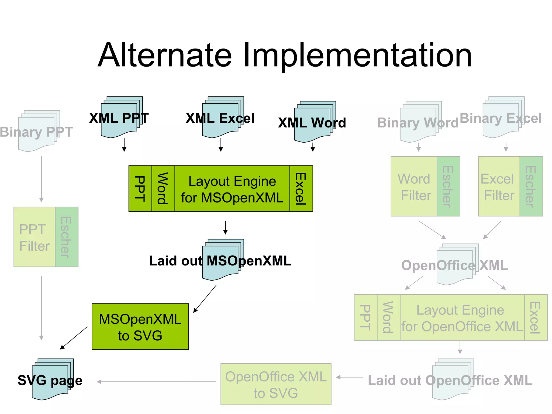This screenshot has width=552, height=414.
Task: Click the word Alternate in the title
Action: pyautogui.click(x=164, y=55)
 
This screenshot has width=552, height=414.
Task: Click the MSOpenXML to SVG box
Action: pyautogui.click(x=140, y=327)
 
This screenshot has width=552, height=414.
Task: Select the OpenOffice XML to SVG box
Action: pyautogui.click(x=276, y=384)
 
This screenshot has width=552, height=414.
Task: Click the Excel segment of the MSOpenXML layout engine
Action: pyautogui.click(x=301, y=189)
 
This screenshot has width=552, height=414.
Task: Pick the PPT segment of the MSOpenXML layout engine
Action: pyautogui.click(x=140, y=189)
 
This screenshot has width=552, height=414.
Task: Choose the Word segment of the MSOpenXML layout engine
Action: pyautogui.click(x=163, y=189)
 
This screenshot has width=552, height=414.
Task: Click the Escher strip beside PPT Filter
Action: pyautogui.click(x=67, y=237)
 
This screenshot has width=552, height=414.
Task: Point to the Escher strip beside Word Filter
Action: pyautogui.click(x=448, y=186)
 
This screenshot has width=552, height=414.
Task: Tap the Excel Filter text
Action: pyautogui.click(x=499, y=187)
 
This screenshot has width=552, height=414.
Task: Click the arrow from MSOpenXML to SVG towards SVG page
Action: pyautogui.click(x=74, y=338)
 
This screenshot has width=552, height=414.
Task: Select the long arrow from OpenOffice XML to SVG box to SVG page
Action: pyautogui.click(x=156, y=382)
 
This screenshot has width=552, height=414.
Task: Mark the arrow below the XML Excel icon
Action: pyautogui.click(x=221, y=145)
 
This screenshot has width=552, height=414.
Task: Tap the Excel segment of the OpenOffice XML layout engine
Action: pyautogui.click(x=536, y=317)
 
